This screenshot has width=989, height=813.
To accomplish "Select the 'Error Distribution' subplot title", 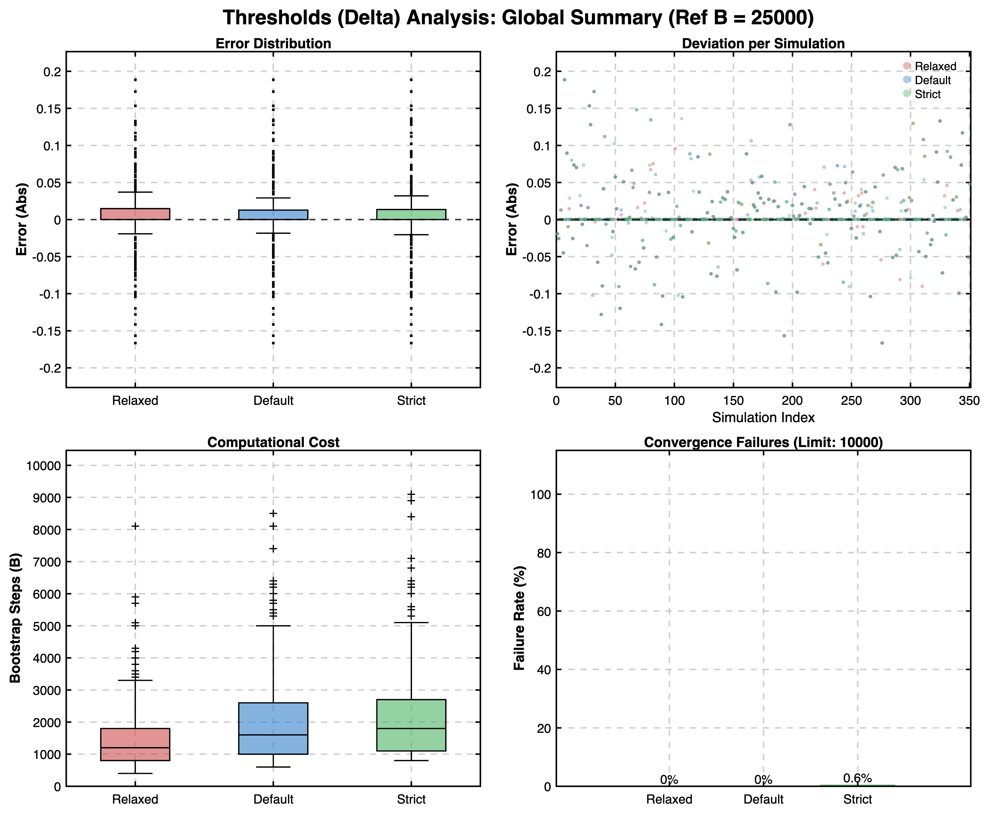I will click(x=273, y=43).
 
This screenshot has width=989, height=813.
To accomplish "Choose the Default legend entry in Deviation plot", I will click(x=932, y=80).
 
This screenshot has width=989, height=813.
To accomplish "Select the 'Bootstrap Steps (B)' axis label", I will click(x=15, y=618).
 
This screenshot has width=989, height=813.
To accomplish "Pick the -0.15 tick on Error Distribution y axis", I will click(x=46, y=331).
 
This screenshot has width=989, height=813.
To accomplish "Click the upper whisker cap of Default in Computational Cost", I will click(x=273, y=626).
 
